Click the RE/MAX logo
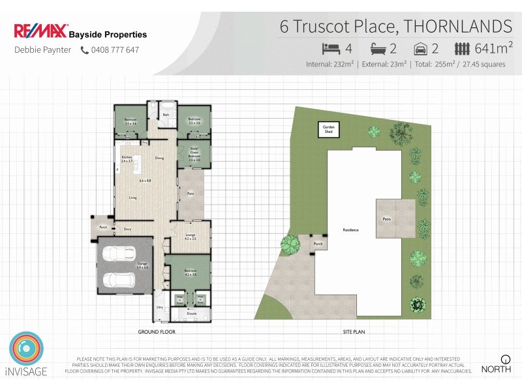[39, 31]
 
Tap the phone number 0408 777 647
[114, 50]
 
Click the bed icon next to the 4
[331, 48]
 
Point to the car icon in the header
[421, 48]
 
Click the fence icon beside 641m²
[462, 48]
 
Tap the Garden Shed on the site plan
[328, 129]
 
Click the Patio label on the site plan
[386, 219]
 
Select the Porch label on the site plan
[318, 244]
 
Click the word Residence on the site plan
[351, 230]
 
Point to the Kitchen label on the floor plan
[127, 158]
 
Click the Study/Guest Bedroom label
[194, 154]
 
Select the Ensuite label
[192, 314]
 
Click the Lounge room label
[190, 237]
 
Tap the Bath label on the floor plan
[166, 115]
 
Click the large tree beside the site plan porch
[292, 246]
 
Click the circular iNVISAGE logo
[27, 350]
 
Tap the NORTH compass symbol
[504, 359]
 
